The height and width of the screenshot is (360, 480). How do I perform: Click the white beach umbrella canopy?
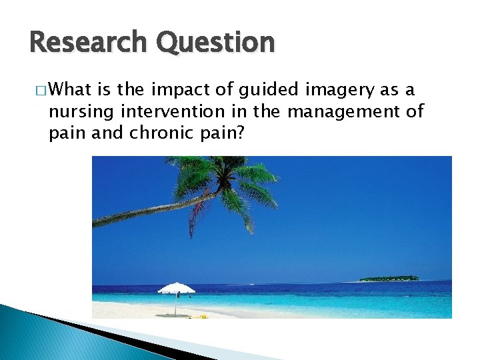tap(176, 289)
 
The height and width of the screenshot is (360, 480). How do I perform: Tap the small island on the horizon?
tap(389, 278)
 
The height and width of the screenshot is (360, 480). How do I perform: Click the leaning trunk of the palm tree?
tap(153, 209)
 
